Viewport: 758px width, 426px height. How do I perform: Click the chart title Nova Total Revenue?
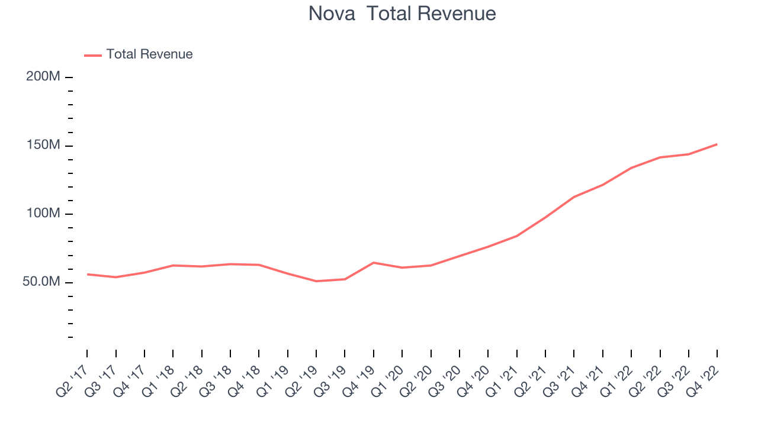[402, 14]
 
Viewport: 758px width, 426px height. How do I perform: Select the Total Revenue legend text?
[149, 54]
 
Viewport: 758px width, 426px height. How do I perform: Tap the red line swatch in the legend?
[93, 55]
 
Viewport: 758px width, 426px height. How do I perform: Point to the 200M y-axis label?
[43, 77]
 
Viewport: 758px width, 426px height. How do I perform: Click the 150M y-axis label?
[43, 146]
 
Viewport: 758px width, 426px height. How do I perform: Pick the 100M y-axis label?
[43, 214]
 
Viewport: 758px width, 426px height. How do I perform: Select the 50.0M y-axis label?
[41, 282]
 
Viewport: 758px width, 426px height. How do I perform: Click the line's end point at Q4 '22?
[717, 144]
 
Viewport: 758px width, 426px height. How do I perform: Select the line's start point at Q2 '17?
[87, 274]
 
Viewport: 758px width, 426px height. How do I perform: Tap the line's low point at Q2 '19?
[316, 281]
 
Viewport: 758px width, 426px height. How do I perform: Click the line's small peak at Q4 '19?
[374, 262]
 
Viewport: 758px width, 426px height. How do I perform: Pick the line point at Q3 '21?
[574, 196]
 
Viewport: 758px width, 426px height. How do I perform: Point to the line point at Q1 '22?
[631, 168]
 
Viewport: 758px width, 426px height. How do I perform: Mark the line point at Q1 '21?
[517, 235]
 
